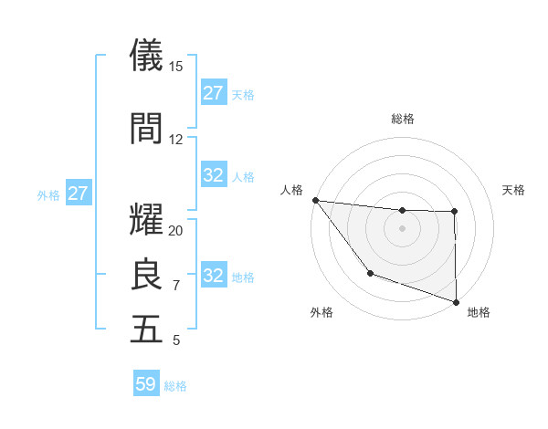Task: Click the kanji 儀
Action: (x=146, y=56)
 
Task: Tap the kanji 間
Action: (x=146, y=129)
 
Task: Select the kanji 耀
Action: (x=146, y=220)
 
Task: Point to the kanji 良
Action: (x=146, y=275)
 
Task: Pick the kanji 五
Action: (x=146, y=330)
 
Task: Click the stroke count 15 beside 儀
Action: (x=176, y=67)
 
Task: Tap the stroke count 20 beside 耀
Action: (x=176, y=231)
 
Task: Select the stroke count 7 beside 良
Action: (x=176, y=286)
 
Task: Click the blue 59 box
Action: (x=146, y=384)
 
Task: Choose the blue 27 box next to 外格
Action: (x=78, y=194)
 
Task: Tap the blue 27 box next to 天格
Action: (x=214, y=93)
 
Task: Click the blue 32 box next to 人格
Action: (x=214, y=175)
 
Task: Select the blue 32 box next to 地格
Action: (x=214, y=276)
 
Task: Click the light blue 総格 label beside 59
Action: (x=175, y=386)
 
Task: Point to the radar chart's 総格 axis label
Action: (x=402, y=119)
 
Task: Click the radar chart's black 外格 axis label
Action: (x=321, y=313)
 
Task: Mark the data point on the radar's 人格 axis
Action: (x=315, y=200)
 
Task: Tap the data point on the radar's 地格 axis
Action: (x=455, y=300)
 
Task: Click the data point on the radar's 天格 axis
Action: (x=454, y=213)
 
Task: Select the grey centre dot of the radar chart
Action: (x=402, y=227)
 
